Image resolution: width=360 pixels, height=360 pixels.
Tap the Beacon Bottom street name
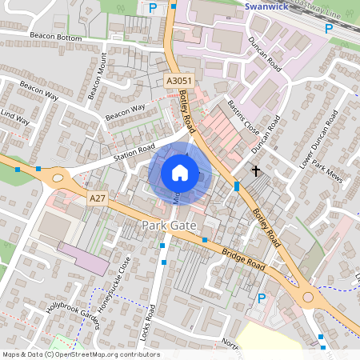tap(56, 37)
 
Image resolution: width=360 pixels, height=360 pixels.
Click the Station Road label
tap(133, 148)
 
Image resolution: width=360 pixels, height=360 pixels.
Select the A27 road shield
tap(98, 198)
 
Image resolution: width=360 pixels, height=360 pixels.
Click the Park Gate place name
tap(169, 226)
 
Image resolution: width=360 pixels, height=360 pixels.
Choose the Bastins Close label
tap(243, 114)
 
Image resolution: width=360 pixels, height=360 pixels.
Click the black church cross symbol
tap(256, 170)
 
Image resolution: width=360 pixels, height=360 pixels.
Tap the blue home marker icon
tap(180, 172)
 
